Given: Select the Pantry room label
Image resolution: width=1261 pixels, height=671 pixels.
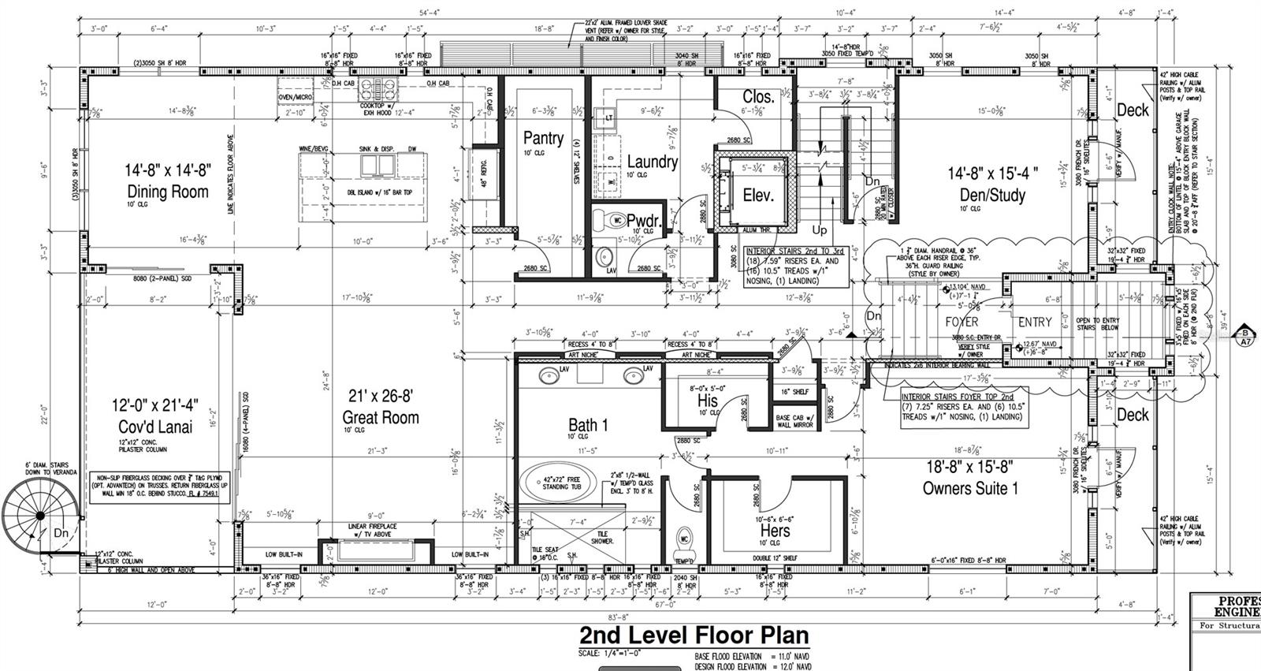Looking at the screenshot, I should pyautogui.click(x=543, y=139).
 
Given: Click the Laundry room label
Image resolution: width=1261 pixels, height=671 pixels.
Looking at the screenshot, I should pyautogui.click(x=652, y=162).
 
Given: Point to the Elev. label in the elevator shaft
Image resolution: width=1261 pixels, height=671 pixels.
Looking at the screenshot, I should pyautogui.click(x=758, y=195).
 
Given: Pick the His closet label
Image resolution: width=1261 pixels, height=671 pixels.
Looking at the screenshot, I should pyautogui.click(x=708, y=401).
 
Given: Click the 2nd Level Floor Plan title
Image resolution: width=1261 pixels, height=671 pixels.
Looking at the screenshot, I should pyautogui.click(x=694, y=635).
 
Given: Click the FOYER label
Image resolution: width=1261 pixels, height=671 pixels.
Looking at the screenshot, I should pyautogui.click(x=962, y=322).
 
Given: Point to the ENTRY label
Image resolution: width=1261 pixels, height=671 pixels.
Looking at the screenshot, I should pyautogui.click(x=1035, y=322).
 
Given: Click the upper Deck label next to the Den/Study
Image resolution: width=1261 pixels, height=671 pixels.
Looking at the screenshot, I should pyautogui.click(x=1133, y=110).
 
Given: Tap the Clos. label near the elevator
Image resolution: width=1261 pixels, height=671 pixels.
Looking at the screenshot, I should pyautogui.click(x=758, y=96).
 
